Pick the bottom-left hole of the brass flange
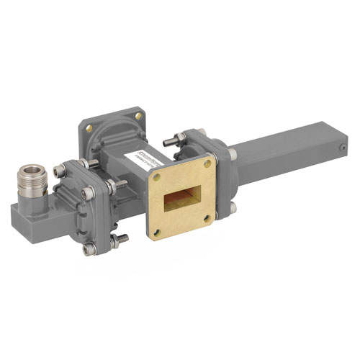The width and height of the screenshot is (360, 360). (x=157, y=230)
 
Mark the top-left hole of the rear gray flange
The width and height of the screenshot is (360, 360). (x=89, y=127)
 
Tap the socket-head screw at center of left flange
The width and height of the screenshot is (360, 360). (x=87, y=193)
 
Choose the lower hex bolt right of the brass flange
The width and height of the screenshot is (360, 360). (x=233, y=208)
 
